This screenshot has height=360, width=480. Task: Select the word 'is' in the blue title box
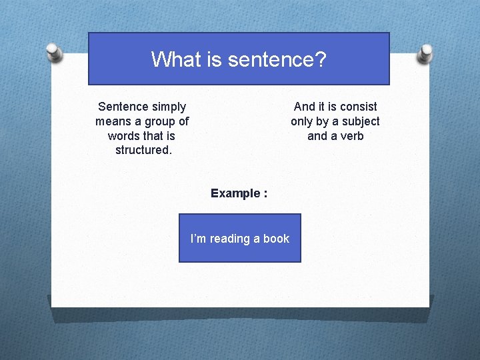(x=213, y=59)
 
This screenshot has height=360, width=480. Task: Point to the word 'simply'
(x=169, y=107)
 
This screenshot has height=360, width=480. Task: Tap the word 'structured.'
(x=143, y=150)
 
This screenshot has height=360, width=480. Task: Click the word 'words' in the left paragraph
(x=124, y=136)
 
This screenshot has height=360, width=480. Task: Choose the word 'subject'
(x=359, y=121)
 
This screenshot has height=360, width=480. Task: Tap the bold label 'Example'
(x=235, y=193)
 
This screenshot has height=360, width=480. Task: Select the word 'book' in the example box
(x=276, y=239)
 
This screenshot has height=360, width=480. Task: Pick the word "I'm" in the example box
(x=198, y=239)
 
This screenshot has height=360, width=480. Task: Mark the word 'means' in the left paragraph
(x=113, y=121)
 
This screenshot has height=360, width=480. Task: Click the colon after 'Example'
(x=265, y=194)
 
